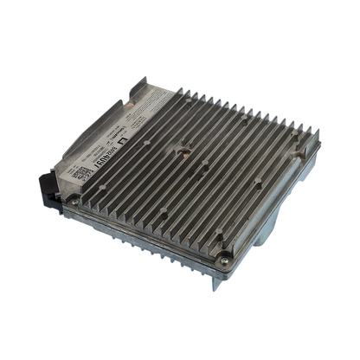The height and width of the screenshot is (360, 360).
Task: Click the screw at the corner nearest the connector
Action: click(x=75, y=201)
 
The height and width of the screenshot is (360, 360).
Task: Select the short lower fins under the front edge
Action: click(x=164, y=251)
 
